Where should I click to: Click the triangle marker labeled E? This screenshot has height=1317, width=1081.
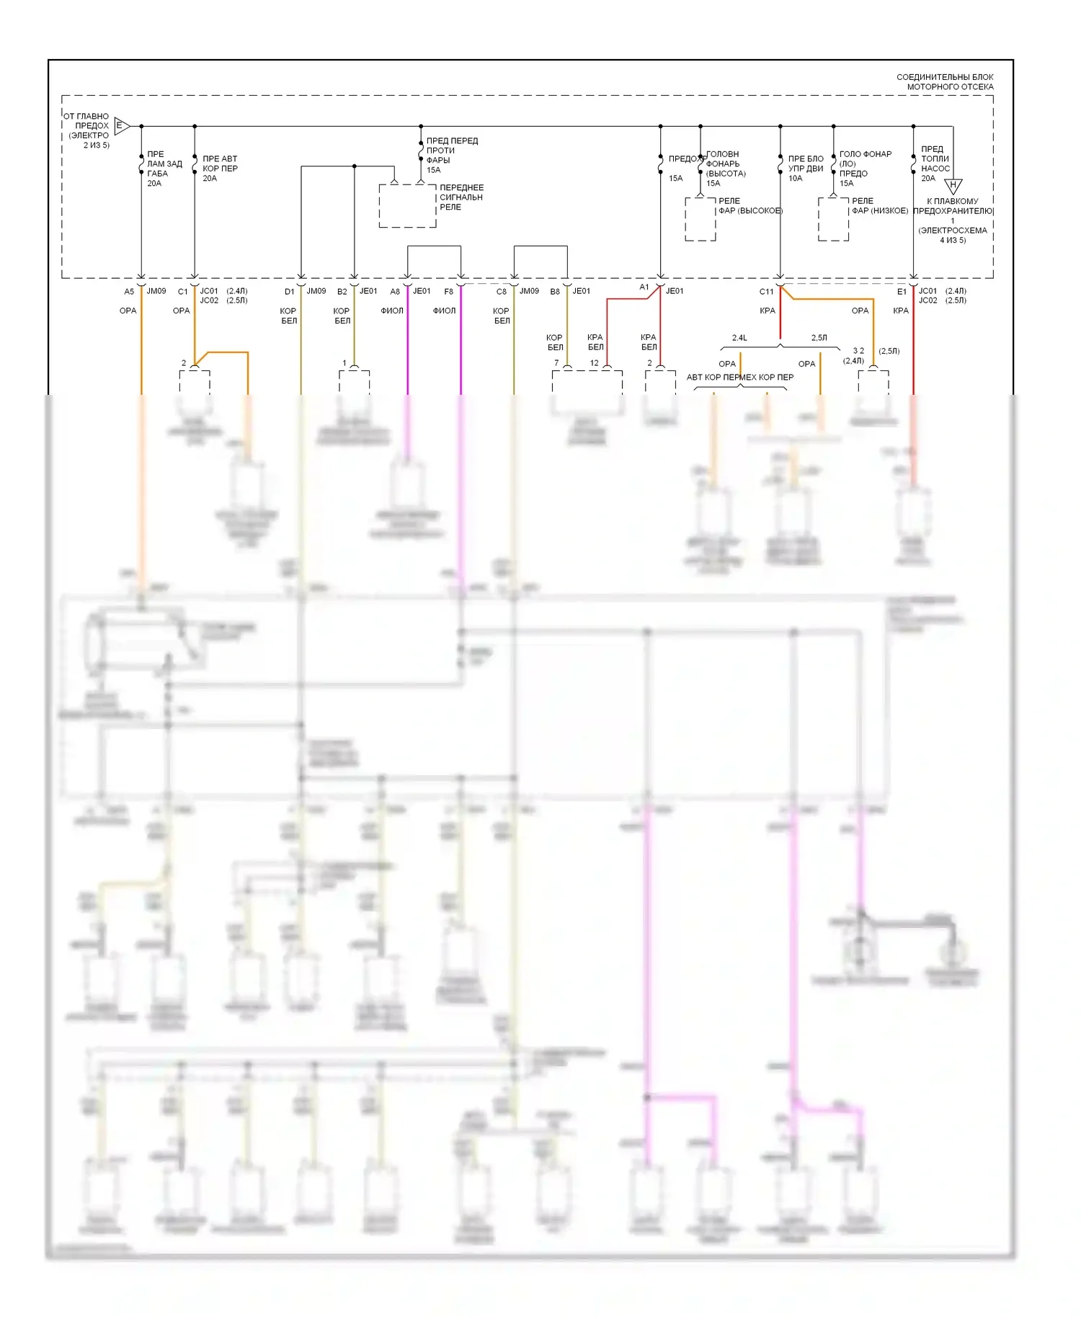coord(121,126)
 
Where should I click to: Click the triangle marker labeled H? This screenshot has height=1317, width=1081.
coord(953,186)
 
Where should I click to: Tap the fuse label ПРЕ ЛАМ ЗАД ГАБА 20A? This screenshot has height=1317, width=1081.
coord(164,169)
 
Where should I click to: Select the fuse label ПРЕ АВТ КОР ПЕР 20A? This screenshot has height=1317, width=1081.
coord(220,169)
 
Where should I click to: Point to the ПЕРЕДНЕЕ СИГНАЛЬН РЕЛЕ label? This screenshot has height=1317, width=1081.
coord(461,197)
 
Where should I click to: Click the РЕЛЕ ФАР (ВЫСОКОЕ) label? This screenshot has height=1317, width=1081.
coord(749,206)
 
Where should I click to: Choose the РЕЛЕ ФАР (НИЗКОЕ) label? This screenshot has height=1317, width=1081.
coord(879,206)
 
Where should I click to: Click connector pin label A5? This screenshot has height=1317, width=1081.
coord(129,292)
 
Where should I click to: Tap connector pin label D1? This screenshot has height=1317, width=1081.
coord(289,292)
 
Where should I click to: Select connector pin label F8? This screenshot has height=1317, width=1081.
coord(449,292)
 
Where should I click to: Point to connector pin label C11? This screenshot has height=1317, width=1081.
coord(766,292)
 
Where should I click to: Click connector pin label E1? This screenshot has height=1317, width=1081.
coord(902,292)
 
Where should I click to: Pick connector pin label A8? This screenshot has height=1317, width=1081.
coord(395,292)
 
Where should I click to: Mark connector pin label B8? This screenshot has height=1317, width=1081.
coord(555,292)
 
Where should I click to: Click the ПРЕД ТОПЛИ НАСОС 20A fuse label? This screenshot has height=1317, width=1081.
coord(935,164)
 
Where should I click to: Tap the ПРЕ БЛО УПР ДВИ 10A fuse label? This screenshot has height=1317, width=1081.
coord(805,169)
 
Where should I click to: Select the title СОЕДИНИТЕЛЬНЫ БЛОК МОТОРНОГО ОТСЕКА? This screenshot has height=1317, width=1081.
coord(945,81)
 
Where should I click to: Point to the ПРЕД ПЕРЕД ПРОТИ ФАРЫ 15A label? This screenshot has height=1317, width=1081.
coord(451,155)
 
